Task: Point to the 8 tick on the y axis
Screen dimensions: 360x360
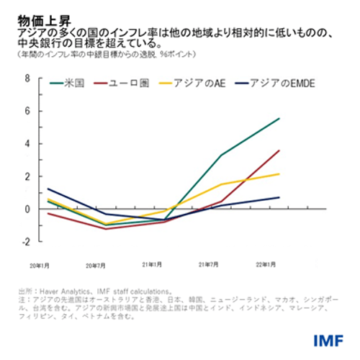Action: [27, 78]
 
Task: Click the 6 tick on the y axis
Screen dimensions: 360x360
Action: [27, 111]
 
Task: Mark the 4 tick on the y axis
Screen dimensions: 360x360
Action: [27, 143]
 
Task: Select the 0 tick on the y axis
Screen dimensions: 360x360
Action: [27, 209]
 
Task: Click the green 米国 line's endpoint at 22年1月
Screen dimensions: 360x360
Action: [279, 119]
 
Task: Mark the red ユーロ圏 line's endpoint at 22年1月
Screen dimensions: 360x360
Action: [279, 150]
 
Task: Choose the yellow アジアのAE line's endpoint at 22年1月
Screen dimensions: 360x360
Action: [279, 174]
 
